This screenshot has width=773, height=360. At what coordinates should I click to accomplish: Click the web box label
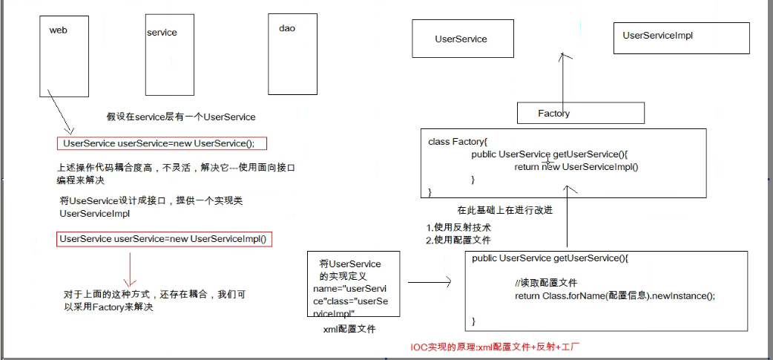59,30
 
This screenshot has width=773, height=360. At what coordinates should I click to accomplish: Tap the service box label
162,33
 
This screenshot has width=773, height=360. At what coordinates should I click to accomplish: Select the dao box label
287,28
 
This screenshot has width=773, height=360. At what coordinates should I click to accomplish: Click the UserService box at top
461,39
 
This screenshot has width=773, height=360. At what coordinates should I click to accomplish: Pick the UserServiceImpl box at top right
657,36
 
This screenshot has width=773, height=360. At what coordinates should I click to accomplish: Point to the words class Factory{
457,141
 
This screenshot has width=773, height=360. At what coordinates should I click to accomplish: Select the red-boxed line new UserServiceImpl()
164,239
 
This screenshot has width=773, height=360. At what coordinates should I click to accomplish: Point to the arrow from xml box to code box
430,282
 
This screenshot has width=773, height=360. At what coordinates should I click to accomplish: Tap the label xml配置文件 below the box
349,327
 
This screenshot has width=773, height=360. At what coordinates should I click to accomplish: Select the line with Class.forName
614,296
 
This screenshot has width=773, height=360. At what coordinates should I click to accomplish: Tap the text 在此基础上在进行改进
504,210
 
